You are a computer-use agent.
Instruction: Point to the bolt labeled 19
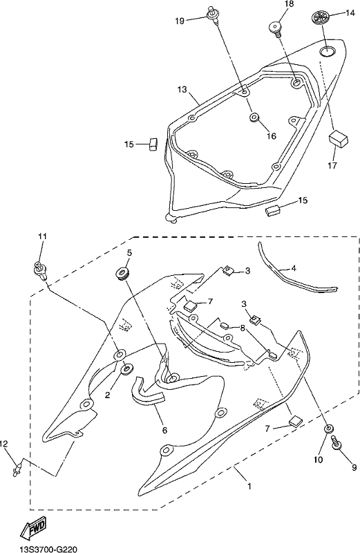[213, 15]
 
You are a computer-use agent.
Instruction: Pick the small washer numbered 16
[254, 118]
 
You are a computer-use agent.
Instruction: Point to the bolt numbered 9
[336, 442]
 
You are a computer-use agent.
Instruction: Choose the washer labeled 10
[329, 428]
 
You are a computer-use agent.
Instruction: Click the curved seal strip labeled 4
[296, 276]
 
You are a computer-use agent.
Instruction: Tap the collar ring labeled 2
[126, 368]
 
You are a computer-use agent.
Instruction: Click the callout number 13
[182, 90]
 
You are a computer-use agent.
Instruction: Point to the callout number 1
[249, 486]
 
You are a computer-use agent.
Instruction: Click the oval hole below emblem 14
[327, 51]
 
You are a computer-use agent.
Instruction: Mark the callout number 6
[164, 430]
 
